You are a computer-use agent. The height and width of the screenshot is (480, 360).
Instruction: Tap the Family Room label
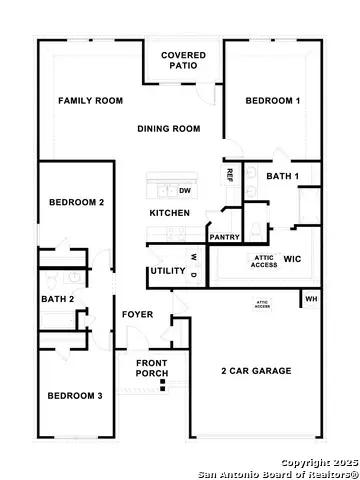click(90, 101)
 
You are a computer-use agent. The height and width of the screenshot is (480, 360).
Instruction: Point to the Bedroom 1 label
click(273, 101)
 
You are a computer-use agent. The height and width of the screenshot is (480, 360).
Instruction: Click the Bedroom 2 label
click(77, 202)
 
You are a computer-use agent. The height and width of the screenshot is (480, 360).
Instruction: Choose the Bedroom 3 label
click(75, 396)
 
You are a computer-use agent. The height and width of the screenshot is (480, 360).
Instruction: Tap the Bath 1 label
click(283, 176)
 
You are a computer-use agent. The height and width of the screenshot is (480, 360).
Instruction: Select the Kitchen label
click(170, 214)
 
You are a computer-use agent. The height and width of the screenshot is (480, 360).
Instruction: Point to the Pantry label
click(224, 237)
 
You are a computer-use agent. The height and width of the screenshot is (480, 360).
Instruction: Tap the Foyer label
click(137, 315)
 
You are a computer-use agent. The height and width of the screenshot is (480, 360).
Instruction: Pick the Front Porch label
click(152, 368)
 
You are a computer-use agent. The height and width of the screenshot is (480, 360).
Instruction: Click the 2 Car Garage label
click(256, 371)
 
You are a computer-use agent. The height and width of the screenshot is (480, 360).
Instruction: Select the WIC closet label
click(292, 259)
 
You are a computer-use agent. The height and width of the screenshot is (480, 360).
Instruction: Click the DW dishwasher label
click(185, 190)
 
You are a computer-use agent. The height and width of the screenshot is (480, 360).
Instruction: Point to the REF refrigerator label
click(230, 174)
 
